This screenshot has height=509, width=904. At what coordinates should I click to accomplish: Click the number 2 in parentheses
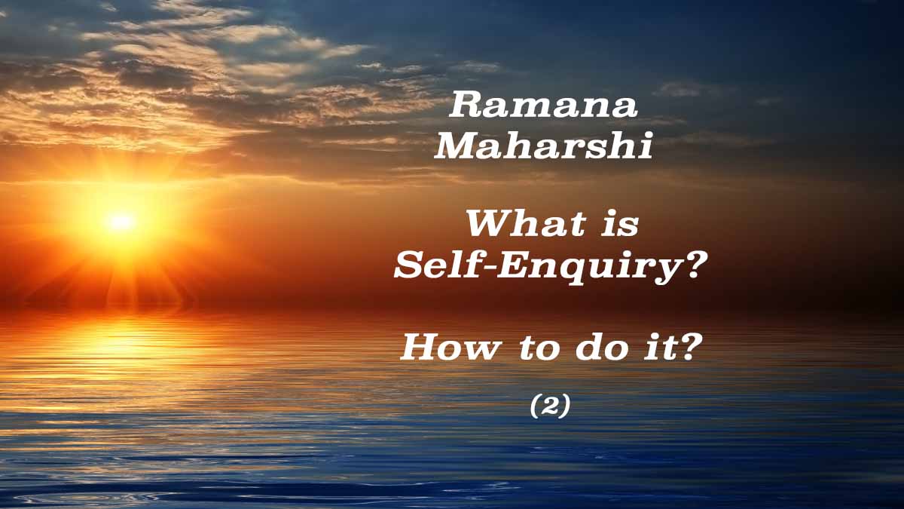click(550, 406)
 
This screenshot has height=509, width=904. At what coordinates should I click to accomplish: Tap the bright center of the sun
click(121, 222)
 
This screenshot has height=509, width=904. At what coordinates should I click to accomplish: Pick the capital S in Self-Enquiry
click(409, 265)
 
